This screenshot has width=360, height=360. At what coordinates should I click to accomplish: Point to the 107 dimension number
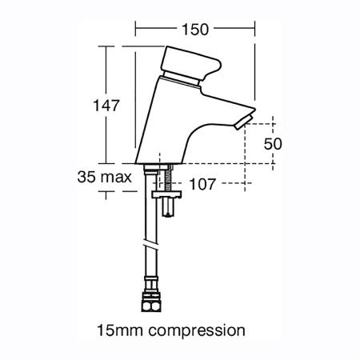coord(204,182)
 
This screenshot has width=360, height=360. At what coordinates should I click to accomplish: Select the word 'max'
coord(115,178)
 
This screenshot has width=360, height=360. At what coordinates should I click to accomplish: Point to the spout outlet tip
coord(245,121)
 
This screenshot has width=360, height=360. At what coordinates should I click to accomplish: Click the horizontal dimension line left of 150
coord(156,30)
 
